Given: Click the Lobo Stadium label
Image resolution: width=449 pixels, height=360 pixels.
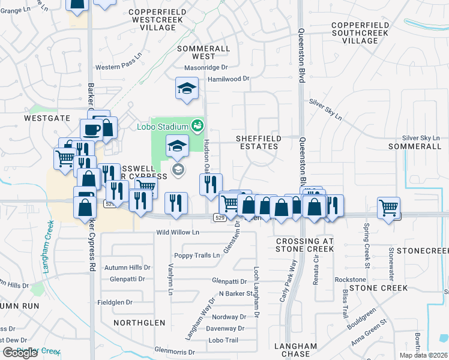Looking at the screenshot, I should [170, 126].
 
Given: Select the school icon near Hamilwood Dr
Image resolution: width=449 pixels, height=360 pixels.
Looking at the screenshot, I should [187, 88].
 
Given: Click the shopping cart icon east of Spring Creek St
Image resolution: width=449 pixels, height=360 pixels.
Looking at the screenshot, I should [389, 208].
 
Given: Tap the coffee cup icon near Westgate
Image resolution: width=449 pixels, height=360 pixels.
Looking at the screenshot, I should [92, 129].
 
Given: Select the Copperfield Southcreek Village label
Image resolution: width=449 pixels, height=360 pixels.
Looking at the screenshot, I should [360, 32].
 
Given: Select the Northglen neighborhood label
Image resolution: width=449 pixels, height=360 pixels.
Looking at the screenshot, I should [139, 322].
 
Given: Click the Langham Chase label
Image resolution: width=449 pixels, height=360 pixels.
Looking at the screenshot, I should [295, 350].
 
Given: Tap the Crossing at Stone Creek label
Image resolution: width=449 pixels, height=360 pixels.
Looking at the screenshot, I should [304, 245].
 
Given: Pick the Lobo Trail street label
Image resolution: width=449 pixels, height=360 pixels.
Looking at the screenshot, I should [223, 340].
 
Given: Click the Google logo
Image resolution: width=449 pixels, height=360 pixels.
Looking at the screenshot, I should [20, 353].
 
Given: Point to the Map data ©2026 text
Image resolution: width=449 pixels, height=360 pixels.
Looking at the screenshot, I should [424, 355].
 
